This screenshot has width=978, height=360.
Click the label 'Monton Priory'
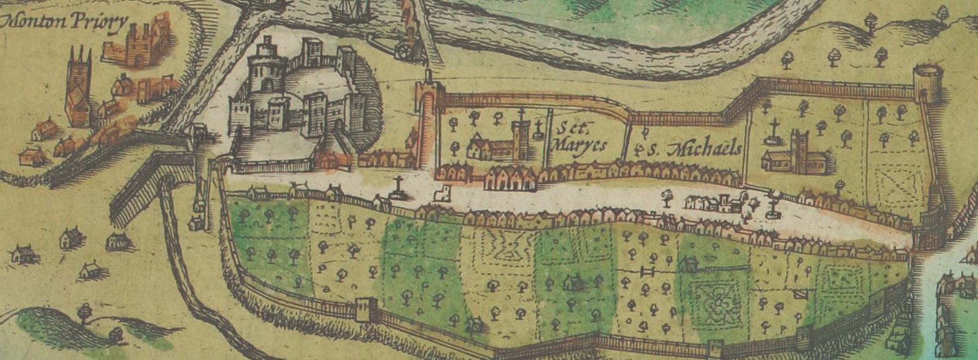(x=64, y=22)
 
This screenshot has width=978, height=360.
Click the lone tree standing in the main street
(x=667, y=198)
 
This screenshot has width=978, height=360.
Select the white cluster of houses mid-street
(x=712, y=203)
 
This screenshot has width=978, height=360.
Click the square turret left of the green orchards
(x=366, y=308)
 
